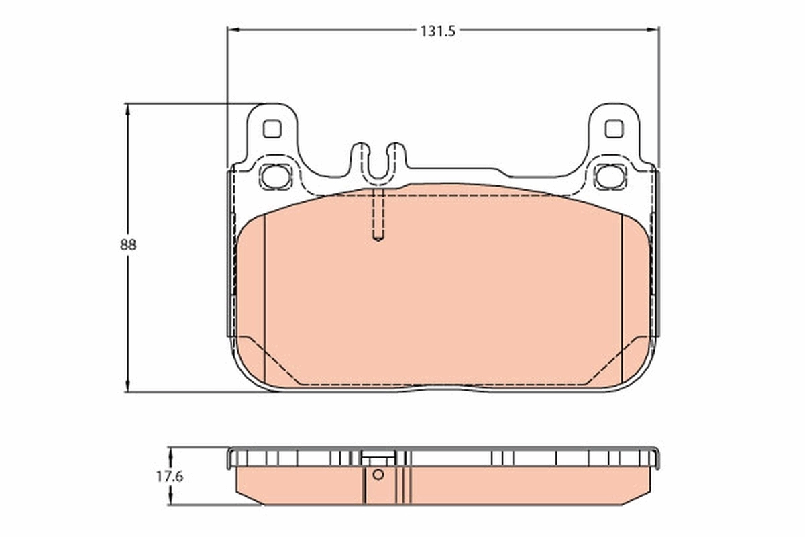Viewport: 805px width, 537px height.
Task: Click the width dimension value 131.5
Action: (x=437, y=31)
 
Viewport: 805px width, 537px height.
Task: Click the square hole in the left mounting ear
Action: (x=272, y=128)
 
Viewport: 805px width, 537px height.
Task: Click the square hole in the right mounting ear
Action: (x=614, y=128)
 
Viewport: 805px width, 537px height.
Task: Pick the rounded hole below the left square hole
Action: (x=274, y=176)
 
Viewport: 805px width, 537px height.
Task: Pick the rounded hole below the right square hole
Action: (x=610, y=176)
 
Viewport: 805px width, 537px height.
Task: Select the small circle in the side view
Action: (x=378, y=475)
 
